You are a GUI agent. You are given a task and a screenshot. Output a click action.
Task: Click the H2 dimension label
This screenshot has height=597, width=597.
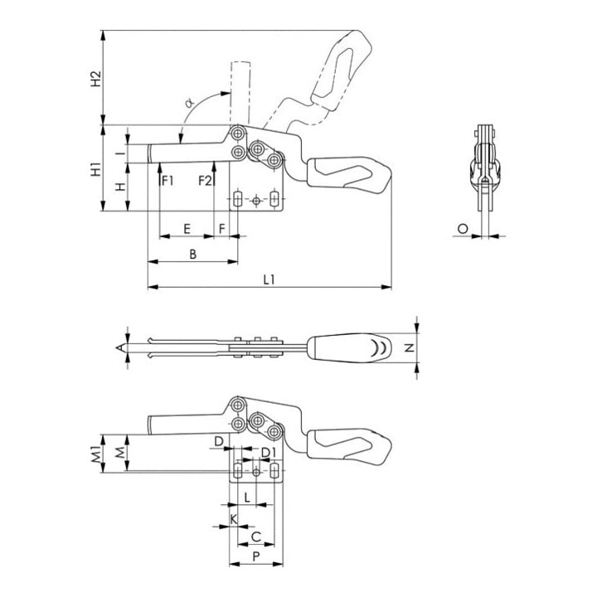97,78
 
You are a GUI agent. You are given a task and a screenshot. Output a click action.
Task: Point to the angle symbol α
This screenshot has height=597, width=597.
189,103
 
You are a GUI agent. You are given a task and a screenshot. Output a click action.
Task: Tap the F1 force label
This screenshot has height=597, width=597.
167,181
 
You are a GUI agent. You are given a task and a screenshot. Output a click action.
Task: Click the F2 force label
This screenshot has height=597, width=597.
205,181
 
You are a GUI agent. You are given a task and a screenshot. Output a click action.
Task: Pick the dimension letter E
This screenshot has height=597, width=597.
187,229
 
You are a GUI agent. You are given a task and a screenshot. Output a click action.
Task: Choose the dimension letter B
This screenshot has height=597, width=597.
193,254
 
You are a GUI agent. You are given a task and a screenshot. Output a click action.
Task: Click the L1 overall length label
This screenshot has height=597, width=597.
269,280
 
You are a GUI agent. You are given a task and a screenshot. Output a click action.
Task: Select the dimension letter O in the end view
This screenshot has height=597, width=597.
463,229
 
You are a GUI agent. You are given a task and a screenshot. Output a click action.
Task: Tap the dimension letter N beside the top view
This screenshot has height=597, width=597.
410,347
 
